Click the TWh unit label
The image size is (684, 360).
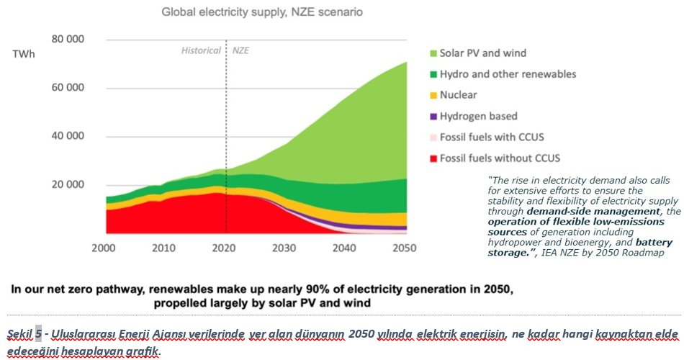[x=24, y=54]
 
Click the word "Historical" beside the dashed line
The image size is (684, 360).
[x=201, y=51]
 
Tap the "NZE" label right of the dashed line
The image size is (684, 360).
[x=240, y=51]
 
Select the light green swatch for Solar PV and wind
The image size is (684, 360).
[x=433, y=53]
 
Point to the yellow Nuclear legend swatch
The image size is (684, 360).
[x=433, y=95]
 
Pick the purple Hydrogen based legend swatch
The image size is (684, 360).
[x=433, y=116]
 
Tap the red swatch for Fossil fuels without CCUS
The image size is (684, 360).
[x=433, y=158]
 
